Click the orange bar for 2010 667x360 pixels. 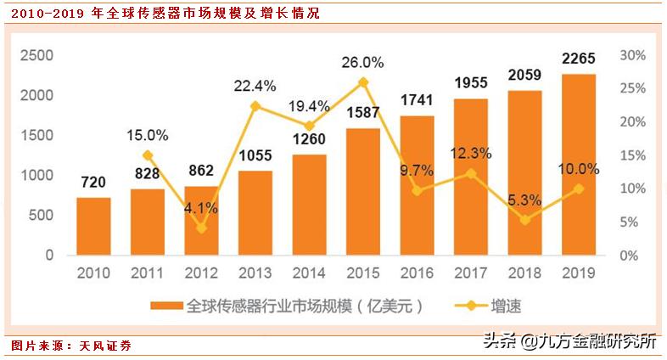click(x=93, y=226)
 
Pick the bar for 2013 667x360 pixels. click(x=255, y=212)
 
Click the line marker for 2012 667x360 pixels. click(x=201, y=228)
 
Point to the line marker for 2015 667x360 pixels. click(x=363, y=82)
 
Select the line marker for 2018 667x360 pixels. click(x=525, y=220)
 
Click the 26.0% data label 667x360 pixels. click(x=363, y=62)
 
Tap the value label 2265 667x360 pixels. click(x=578, y=59)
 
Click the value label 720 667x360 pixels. click(x=92, y=182)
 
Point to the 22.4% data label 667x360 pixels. click(x=255, y=86)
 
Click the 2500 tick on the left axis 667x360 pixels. click(x=37, y=55)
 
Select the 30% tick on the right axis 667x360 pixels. click(x=634, y=55)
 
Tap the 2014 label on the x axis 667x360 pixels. click(x=309, y=273)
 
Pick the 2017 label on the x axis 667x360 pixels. click(x=471, y=273)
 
